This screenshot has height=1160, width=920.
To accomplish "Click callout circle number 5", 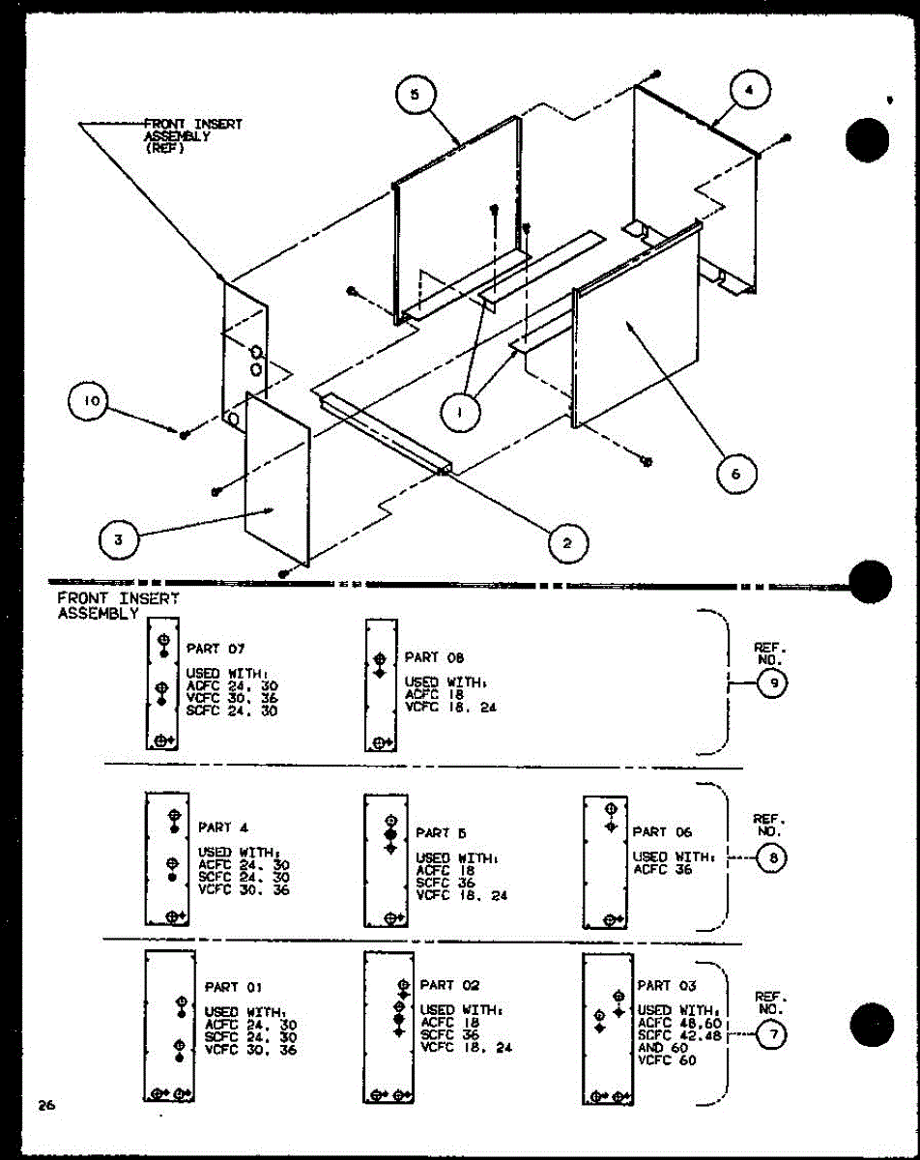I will point(415,94).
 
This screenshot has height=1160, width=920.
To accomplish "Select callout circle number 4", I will point(750,92).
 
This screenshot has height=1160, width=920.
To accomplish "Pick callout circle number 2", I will point(567,543).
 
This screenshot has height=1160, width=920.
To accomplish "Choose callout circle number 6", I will point(737,473).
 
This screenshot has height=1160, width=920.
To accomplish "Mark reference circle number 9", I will point(772,684).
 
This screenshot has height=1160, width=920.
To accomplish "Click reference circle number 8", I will point(772,857).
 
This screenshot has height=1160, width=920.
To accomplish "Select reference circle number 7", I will point(772,1035).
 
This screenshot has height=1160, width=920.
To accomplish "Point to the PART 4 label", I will point(223,827).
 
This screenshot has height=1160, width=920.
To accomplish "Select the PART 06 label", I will point(663,831).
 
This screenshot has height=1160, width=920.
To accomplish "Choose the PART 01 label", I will point(234,987).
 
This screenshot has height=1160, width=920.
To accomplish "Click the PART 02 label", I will point(449,985).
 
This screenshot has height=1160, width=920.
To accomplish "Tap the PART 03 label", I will point(666,986).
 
